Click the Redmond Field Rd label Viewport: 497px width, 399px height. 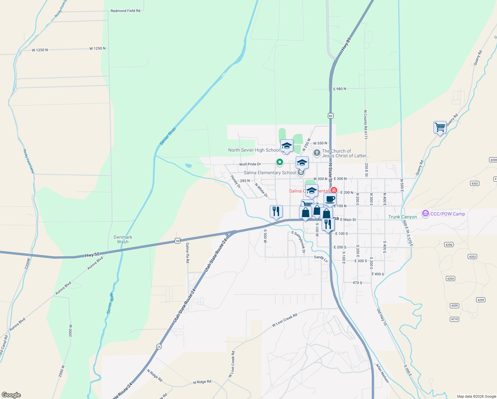coord(125,11)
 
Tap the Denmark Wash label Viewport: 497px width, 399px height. coord(123,239)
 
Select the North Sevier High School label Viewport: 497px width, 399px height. coord(254,150)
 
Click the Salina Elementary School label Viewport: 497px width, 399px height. coord(270,173)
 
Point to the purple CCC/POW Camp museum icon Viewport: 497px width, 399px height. coord(426,214)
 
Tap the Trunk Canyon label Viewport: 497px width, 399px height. coord(402,217)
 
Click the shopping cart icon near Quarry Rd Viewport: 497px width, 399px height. coord(440,127)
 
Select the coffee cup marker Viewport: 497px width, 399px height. coord(330,199)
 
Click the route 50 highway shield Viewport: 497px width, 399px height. coord(178,241)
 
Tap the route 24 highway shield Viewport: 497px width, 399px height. coord(159,346)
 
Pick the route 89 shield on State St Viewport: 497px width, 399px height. coord(330,116)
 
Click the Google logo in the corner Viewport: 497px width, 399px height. coord(11,395)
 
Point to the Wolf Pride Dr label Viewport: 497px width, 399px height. coord(250,164)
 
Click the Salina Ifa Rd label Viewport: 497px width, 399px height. coord(188,253)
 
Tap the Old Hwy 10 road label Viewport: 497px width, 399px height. coord(382,317)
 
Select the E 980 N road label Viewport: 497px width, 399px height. coord(340,89)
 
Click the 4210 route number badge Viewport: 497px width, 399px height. coord(454,319)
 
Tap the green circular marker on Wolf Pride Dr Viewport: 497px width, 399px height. coord(280,162)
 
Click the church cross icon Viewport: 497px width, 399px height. coord(317,153)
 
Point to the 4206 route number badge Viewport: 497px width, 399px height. coord(449,245)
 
